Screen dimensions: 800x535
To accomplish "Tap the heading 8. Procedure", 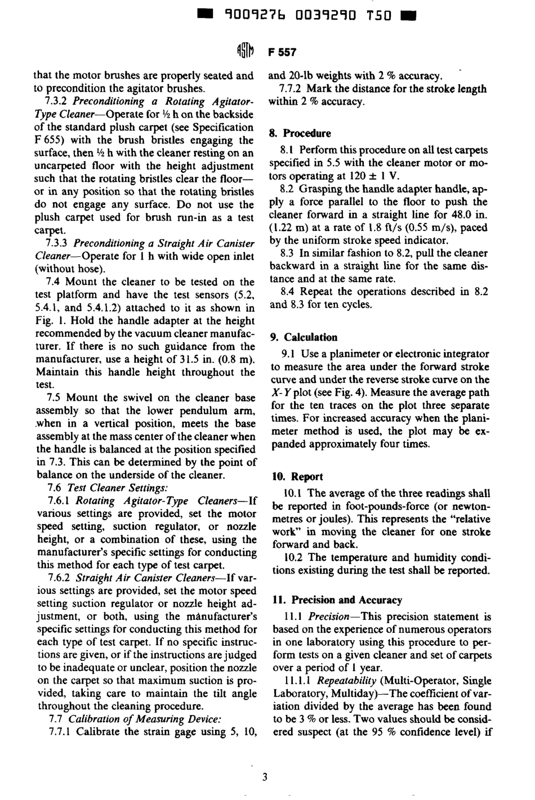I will click(x=300, y=133).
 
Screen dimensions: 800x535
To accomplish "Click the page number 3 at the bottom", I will click(x=265, y=777).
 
